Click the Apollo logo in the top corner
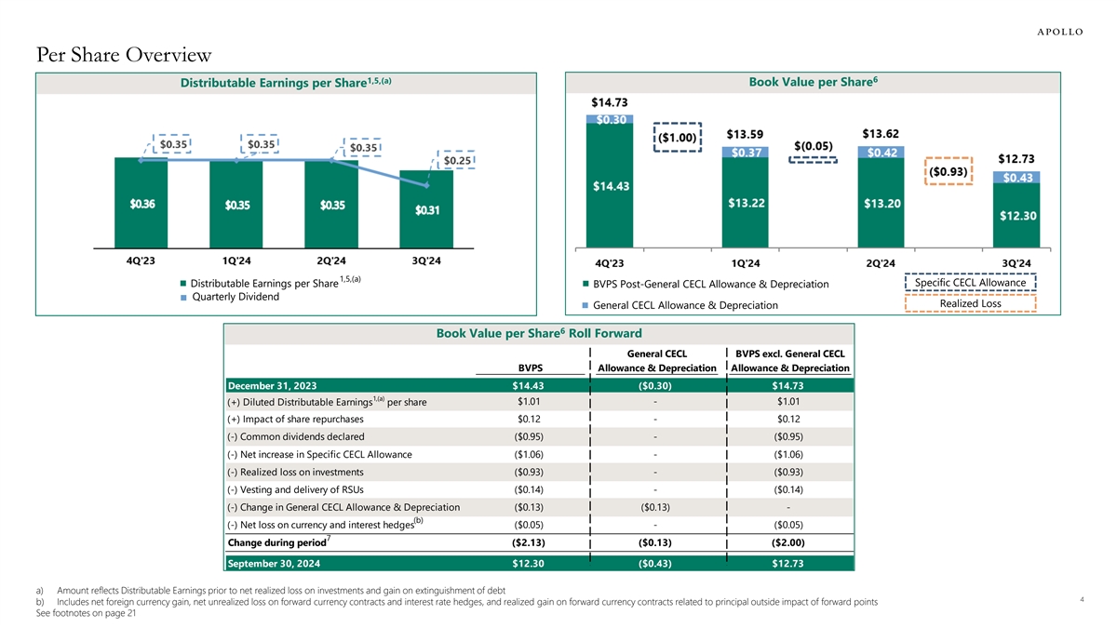click(1059, 31)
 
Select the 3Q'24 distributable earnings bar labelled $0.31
click(427, 211)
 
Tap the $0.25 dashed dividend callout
click(456, 161)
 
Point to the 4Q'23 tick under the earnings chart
click(141, 261)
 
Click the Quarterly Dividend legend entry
click(234, 297)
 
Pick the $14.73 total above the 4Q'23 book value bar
click(610, 102)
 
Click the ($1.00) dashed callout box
click(678, 137)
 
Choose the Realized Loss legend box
click(970, 303)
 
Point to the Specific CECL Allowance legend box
click(970, 283)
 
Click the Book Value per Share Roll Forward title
click(539, 333)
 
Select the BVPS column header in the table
click(531, 367)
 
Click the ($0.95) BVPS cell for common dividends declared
click(530, 436)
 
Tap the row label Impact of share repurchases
click(295, 420)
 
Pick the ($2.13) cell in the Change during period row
click(529, 542)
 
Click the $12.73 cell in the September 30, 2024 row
click(787, 563)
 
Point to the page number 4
click(1083, 600)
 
